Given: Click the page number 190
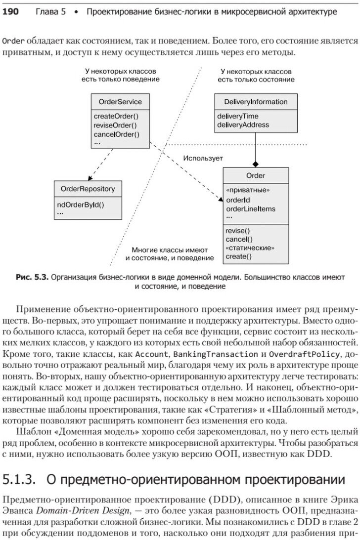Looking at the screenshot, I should (10, 11).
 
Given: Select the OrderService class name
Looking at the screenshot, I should (120, 102).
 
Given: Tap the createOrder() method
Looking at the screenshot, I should (116, 117).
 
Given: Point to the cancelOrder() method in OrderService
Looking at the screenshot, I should (116, 134).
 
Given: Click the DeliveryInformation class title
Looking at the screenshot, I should (256, 102).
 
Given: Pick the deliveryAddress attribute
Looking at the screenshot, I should (243, 125).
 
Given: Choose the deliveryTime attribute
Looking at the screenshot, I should (238, 116).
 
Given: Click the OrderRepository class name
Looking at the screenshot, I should (88, 189).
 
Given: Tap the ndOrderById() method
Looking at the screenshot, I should (81, 204).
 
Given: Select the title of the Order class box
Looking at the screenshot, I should (256, 175).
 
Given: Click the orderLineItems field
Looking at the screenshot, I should (251, 208).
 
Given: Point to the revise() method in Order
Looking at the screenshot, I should (238, 231).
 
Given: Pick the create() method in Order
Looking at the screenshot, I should (238, 256).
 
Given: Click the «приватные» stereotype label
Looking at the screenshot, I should (247, 190).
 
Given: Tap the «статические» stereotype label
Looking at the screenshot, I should (250, 248).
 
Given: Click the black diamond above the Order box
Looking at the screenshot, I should (256, 164).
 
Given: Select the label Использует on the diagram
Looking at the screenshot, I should (203, 159).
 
